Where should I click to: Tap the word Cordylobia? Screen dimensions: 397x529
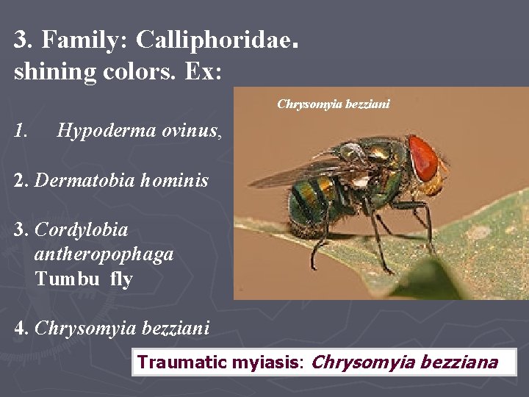[81, 229]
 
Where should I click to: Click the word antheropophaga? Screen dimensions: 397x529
[104, 254]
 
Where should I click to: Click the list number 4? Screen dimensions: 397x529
[21, 328]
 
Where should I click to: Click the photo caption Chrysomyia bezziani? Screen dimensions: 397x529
[333, 104]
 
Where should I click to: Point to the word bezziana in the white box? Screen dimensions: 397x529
[456, 362]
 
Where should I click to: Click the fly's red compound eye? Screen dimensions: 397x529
[424, 157]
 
